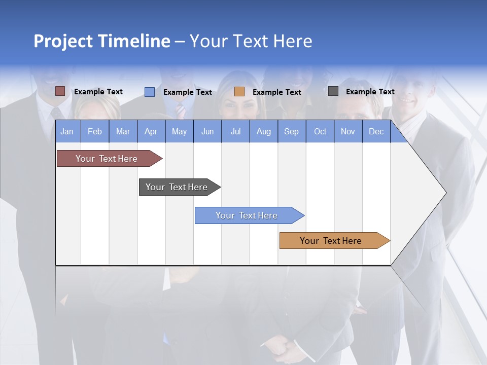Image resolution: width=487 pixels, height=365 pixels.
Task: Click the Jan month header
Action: tap(67, 131)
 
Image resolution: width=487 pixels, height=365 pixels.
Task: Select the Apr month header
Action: tap(151, 131)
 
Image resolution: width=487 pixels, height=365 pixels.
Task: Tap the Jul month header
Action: tap(235, 131)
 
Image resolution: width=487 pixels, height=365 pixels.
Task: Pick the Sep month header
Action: tap(291, 131)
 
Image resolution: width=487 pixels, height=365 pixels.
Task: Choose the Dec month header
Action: tap(376, 131)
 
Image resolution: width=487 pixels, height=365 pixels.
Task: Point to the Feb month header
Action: tap(95, 131)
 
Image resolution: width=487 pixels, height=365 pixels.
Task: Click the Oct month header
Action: tap(320, 131)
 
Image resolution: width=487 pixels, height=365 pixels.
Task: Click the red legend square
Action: tap(60, 91)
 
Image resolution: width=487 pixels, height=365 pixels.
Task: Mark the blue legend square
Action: tap(150, 92)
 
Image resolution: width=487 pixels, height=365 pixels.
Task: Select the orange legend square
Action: tap(239, 92)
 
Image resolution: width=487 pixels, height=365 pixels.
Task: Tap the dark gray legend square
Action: tap(333, 91)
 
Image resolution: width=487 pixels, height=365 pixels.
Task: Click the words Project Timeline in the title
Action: tap(101, 41)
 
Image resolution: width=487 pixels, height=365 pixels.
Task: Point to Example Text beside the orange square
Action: tap(276, 92)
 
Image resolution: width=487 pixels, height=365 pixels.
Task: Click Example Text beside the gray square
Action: tap(370, 92)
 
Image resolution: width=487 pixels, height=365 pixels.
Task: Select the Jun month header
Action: tap(207, 131)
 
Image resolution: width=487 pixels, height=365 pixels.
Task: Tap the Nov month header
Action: tap(348, 131)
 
